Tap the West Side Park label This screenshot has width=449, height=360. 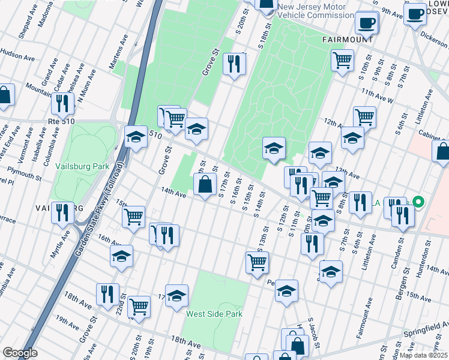(x=214, y=313)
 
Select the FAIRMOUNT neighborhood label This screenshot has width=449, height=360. (x=348, y=39)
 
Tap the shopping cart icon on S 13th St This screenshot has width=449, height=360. (x=257, y=261)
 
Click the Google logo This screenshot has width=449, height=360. (x=20, y=353)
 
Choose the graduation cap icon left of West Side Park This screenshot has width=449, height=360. (x=176, y=295)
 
